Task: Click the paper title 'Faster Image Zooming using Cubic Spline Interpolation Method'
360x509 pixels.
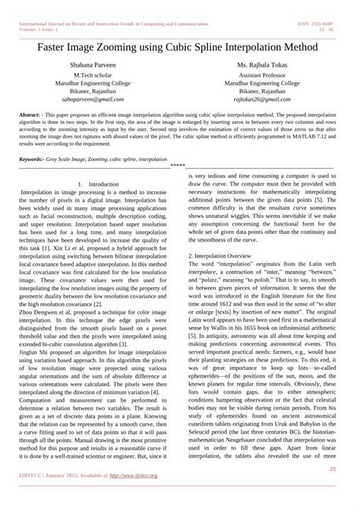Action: click(179, 47)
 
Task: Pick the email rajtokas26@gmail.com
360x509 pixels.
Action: click(261, 100)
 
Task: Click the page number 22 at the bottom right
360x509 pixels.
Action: click(333, 469)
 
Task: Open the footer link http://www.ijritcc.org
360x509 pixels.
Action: click(132, 476)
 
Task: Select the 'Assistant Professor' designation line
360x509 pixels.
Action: click(261, 76)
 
